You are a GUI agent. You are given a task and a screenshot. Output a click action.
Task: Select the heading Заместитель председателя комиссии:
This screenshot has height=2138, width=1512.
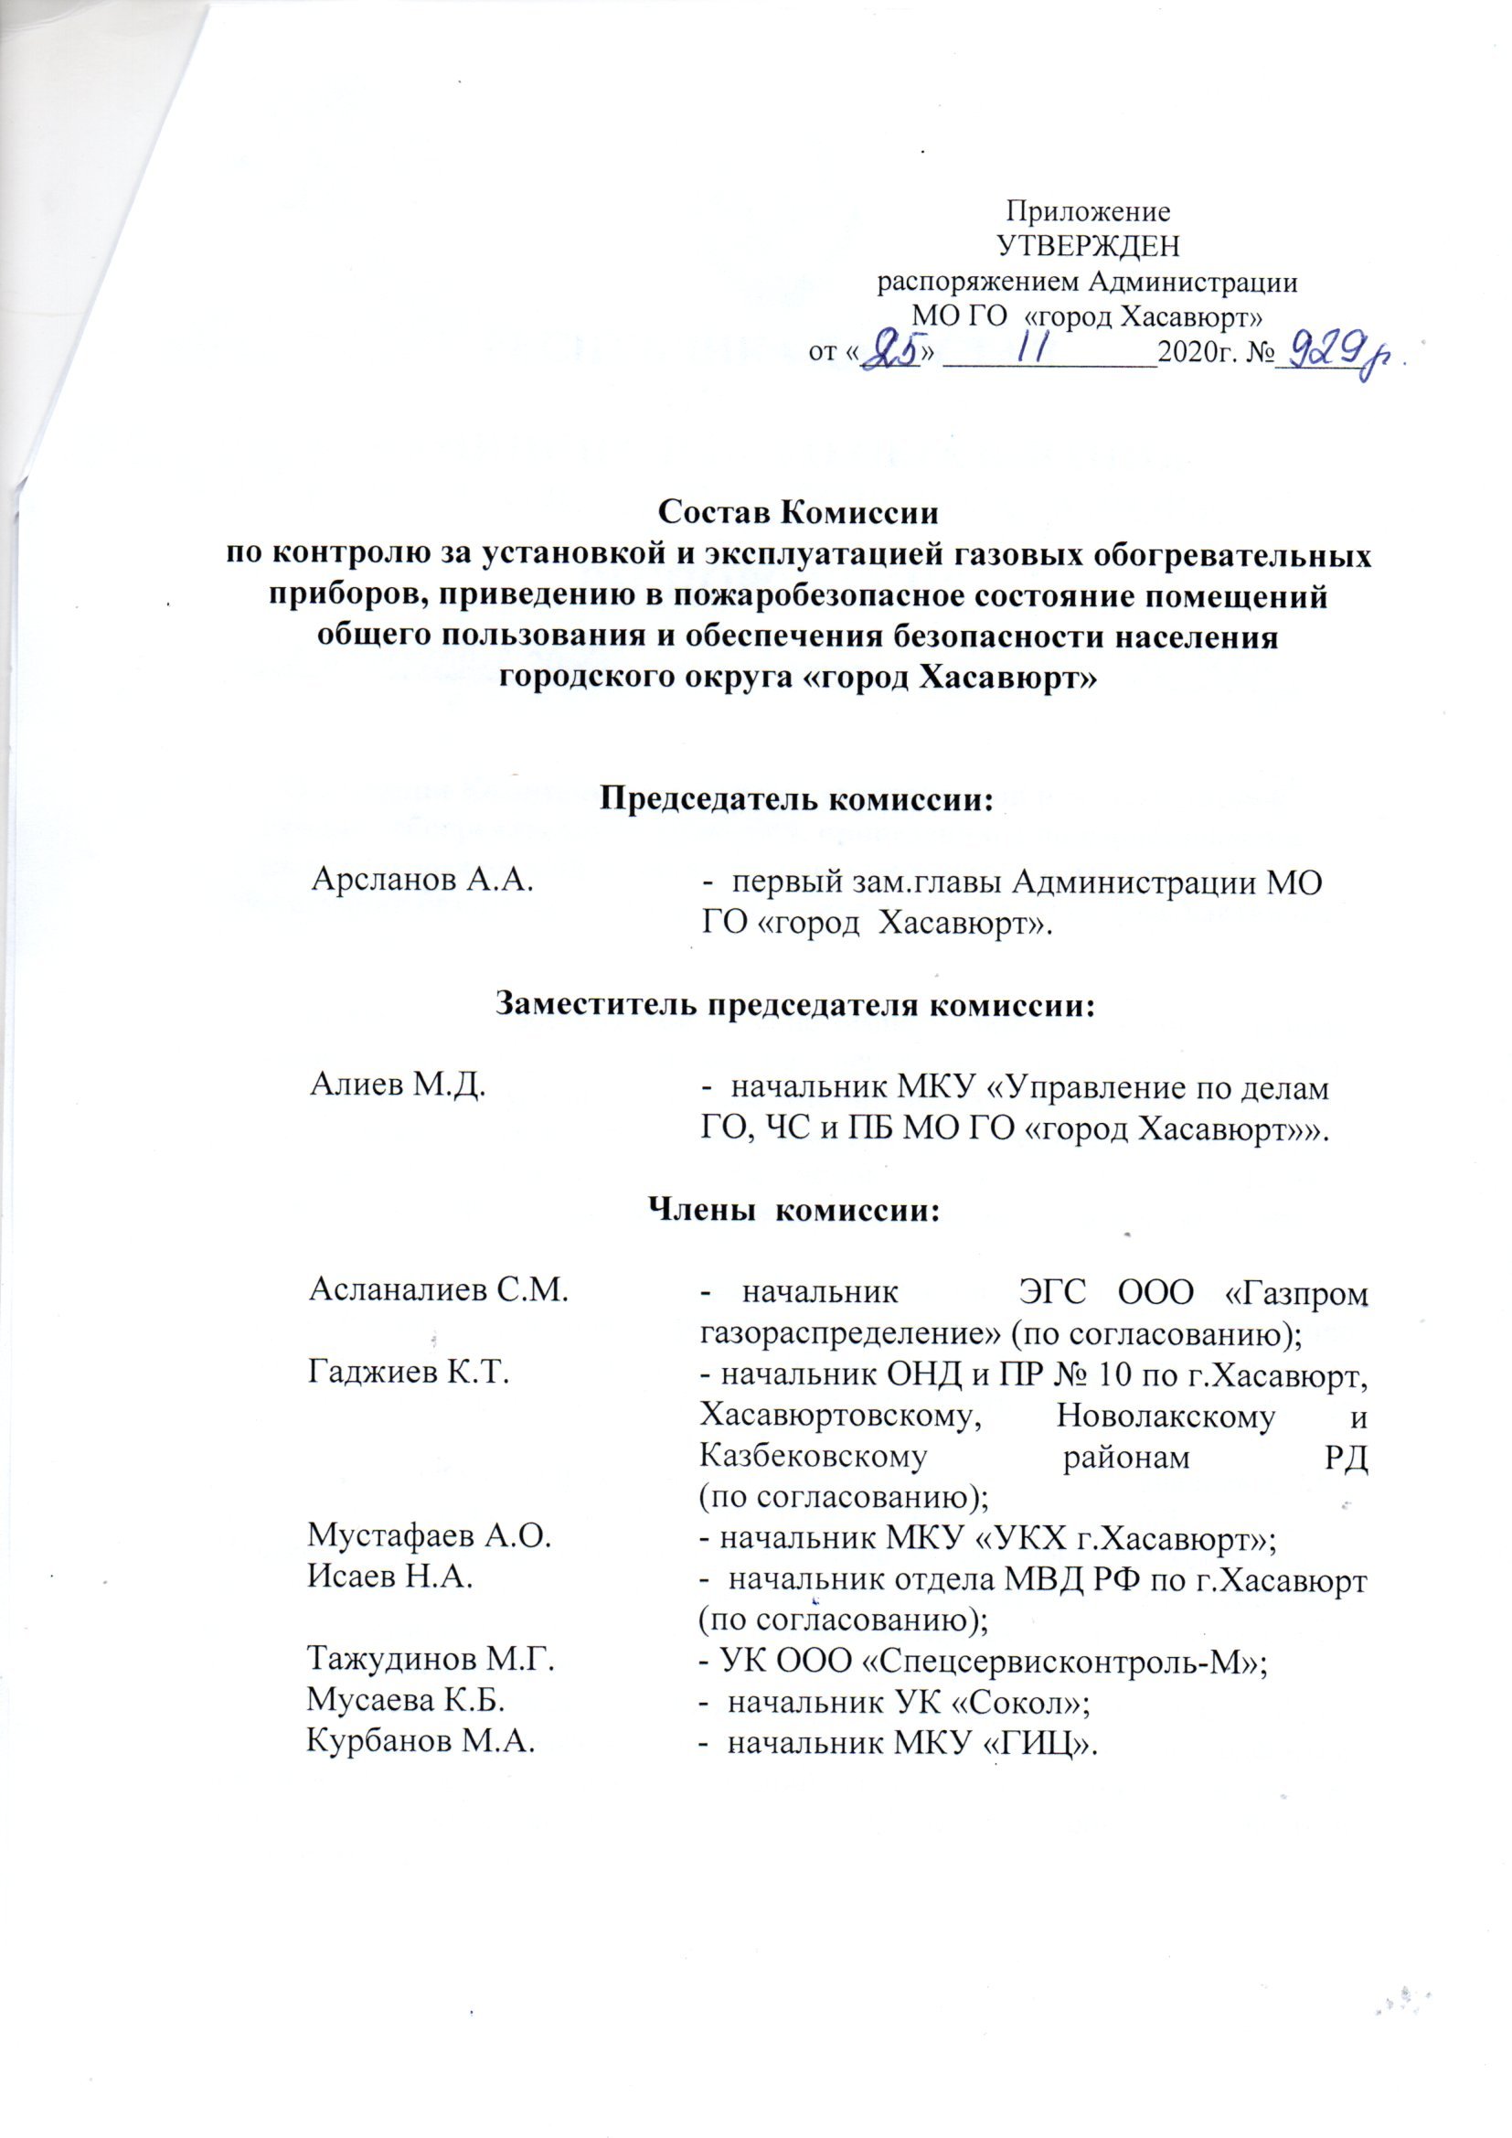pos(796,1005)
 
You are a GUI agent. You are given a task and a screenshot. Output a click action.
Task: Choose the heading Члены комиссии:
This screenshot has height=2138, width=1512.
pos(795,1210)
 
